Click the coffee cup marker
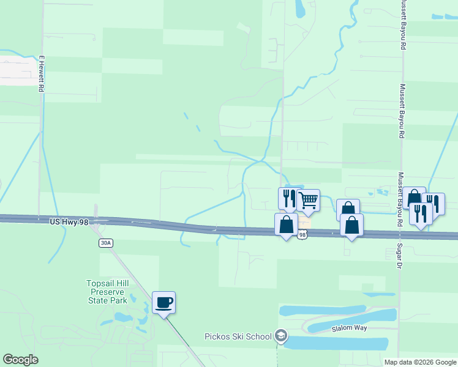163,302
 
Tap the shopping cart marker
308,199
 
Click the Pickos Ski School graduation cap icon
280,336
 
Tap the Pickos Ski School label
238,336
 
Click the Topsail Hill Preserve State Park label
107,292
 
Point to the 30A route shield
105,243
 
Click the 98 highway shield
302,235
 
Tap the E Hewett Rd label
42,74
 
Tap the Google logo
20,360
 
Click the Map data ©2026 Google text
419,362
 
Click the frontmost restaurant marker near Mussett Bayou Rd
421,213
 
